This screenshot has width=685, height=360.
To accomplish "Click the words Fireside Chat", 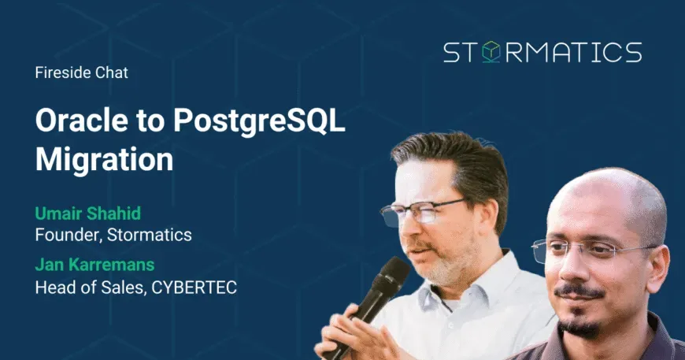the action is [x=82, y=72].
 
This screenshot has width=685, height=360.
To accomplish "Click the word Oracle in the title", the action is [x=82, y=120].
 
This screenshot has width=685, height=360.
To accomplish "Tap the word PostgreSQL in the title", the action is [x=259, y=121].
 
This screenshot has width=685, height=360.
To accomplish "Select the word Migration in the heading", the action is [x=105, y=159].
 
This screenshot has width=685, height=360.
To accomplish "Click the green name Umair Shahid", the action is [x=88, y=213].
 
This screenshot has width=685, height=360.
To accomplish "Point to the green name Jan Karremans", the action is [x=94, y=265].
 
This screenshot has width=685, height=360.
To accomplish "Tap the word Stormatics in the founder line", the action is [x=150, y=235].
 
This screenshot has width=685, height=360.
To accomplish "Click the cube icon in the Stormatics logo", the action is [x=491, y=52].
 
